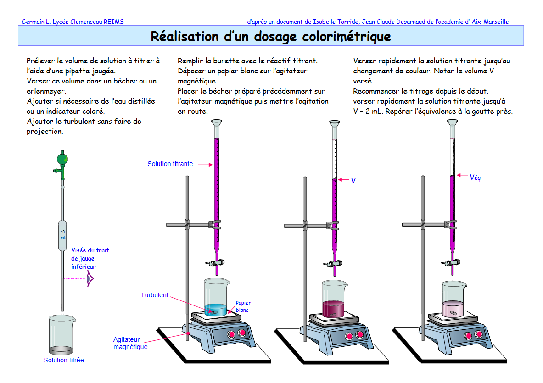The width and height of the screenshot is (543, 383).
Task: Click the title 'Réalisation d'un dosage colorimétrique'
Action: click(271, 36)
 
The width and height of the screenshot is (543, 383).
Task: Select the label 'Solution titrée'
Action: click(64, 361)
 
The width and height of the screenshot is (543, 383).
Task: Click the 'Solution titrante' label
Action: click(170, 164)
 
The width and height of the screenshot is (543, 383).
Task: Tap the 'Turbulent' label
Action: click(154, 295)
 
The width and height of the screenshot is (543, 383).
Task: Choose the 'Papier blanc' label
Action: click(243, 306)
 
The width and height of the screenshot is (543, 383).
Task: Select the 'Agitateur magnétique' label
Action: click(130, 343)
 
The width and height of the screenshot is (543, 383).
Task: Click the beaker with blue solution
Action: click(217, 298)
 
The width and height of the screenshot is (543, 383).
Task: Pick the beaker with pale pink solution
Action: click(453, 300)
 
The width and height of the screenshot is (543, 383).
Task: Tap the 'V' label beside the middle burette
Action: click(353, 181)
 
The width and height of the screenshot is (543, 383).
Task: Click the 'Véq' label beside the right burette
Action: click(475, 177)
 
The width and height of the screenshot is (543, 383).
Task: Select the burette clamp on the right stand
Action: click(452, 224)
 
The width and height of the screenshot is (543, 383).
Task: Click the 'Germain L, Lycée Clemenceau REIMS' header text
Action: click(73, 22)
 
